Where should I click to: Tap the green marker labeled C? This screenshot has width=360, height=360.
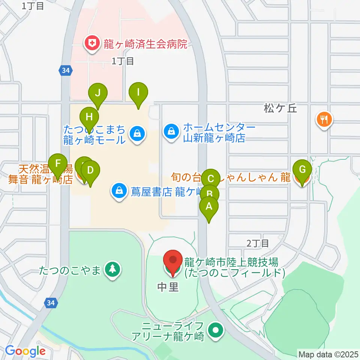pos(211,178)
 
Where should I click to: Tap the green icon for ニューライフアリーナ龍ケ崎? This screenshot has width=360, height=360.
pos(216,331)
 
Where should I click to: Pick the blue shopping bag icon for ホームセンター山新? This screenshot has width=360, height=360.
pos(171,131)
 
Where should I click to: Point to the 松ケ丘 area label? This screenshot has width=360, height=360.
pos(280,109)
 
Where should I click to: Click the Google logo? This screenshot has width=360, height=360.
pos(25,351)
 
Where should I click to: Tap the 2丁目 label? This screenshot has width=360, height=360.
pos(258,243)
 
